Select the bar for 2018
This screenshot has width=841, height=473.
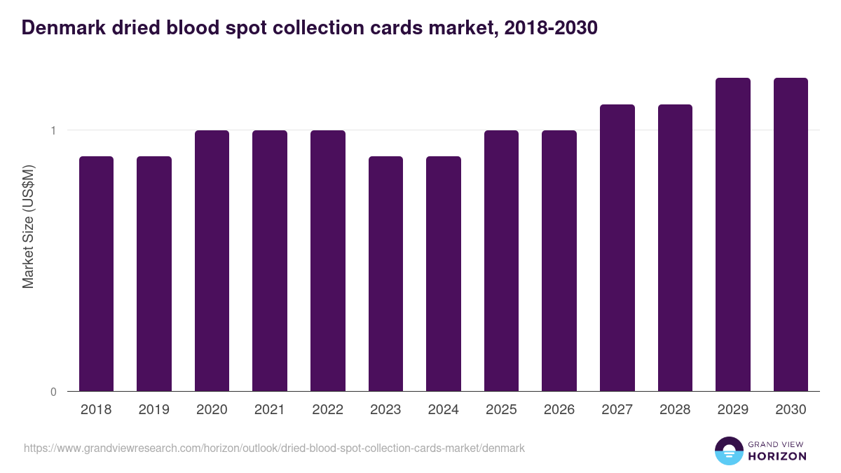(96, 273)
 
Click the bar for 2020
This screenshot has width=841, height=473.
(212, 261)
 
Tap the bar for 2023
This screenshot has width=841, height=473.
(385, 273)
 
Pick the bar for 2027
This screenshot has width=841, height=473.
(617, 247)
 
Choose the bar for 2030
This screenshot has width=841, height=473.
(791, 234)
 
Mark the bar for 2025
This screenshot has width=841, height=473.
(501, 261)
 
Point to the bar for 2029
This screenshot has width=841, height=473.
(733, 234)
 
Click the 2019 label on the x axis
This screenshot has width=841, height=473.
(154, 410)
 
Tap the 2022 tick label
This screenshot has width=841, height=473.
(327, 410)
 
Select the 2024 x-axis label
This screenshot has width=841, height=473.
(443, 410)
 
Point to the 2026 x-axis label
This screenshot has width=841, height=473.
(559, 410)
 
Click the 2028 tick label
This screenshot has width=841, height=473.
(675, 410)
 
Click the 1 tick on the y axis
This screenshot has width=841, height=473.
(53, 130)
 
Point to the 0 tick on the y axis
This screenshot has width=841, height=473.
(53, 392)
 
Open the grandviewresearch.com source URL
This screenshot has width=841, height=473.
(274, 448)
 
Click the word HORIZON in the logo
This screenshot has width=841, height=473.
(777, 455)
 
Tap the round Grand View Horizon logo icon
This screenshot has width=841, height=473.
(729, 451)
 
